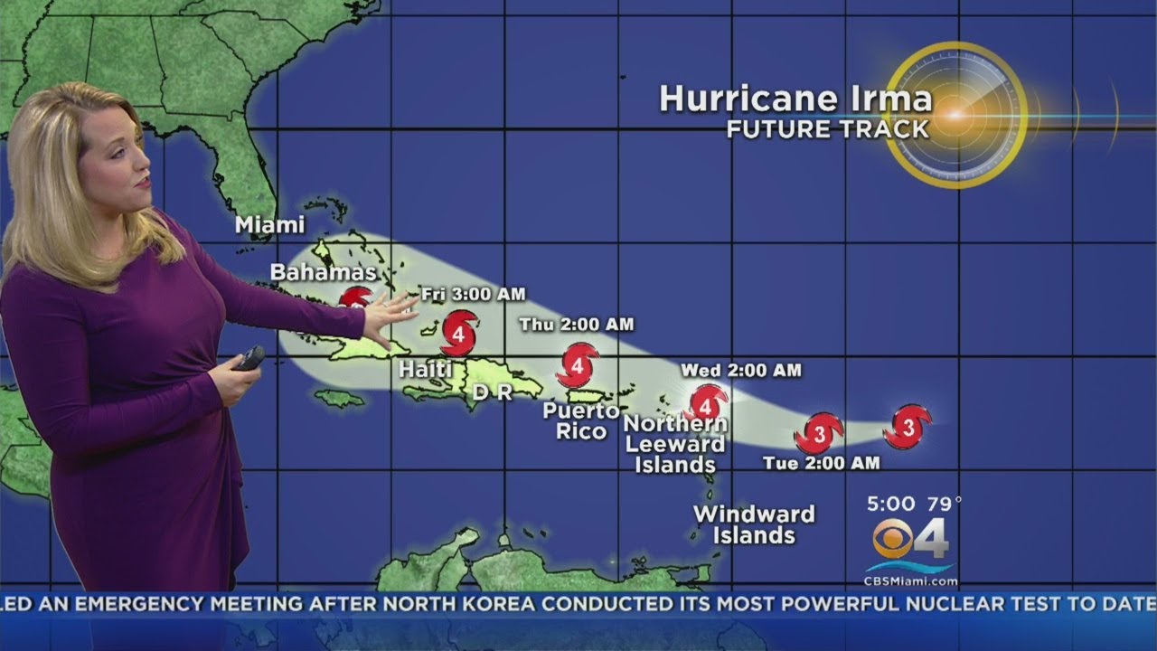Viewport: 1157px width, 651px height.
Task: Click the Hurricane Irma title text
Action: (x=795, y=99)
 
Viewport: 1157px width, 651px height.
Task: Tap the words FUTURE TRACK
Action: (x=828, y=129)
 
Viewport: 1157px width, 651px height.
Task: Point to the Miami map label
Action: (x=269, y=225)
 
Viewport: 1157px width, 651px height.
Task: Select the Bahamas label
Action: (x=323, y=272)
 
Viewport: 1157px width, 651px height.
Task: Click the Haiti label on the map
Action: (x=426, y=369)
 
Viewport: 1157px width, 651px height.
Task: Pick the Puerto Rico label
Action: (x=581, y=420)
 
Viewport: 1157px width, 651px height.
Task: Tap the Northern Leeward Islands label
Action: (x=675, y=444)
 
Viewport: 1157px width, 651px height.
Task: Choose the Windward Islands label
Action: (x=754, y=524)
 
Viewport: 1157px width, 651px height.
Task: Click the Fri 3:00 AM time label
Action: (x=473, y=295)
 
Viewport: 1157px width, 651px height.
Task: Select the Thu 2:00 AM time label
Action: (x=576, y=324)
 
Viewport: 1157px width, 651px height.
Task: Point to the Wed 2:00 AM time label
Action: (x=740, y=370)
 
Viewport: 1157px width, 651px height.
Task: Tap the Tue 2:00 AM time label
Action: (x=821, y=463)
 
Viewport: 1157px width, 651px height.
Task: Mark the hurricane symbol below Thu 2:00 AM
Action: (x=577, y=365)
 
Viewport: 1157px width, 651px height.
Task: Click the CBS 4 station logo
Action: (x=911, y=540)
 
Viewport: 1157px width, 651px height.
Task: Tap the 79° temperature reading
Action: (x=941, y=503)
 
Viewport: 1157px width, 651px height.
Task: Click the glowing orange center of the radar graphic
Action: (x=955, y=115)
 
